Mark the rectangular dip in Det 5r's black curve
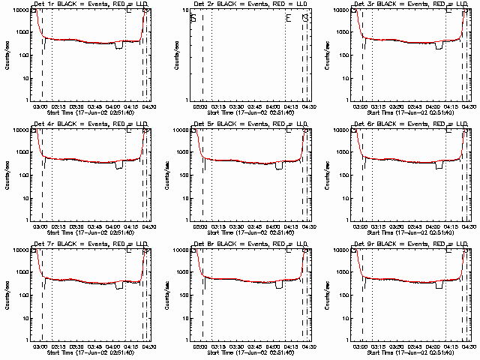pyautogui.click(x=279, y=165)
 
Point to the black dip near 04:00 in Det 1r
pyautogui.click(x=119, y=46)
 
